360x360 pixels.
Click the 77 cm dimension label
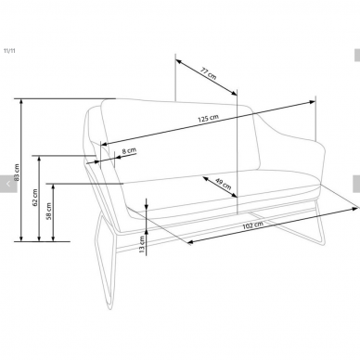[x=209, y=73]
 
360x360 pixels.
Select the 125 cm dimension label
[x=208, y=118]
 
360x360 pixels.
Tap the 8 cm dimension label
[x=129, y=151]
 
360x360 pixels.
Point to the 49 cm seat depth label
[x=224, y=184]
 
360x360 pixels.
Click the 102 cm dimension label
[x=252, y=225]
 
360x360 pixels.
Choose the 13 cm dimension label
[x=142, y=245]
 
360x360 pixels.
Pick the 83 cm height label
[x=17, y=173]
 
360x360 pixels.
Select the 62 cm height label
[x=35, y=198]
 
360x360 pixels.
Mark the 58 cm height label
[x=49, y=212]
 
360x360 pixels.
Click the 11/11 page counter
[x=9, y=51]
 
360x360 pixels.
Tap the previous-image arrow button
[x=8, y=184]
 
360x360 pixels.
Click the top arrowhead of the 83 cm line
[x=21, y=101]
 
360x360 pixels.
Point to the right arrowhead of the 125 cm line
[x=312, y=102]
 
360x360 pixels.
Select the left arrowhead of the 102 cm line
[x=190, y=242]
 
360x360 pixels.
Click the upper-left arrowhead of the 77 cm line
[x=178, y=61]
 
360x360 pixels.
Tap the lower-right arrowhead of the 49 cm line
[x=234, y=195]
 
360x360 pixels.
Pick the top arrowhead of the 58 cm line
[x=53, y=186]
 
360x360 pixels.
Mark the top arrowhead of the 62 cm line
[x=39, y=159]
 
